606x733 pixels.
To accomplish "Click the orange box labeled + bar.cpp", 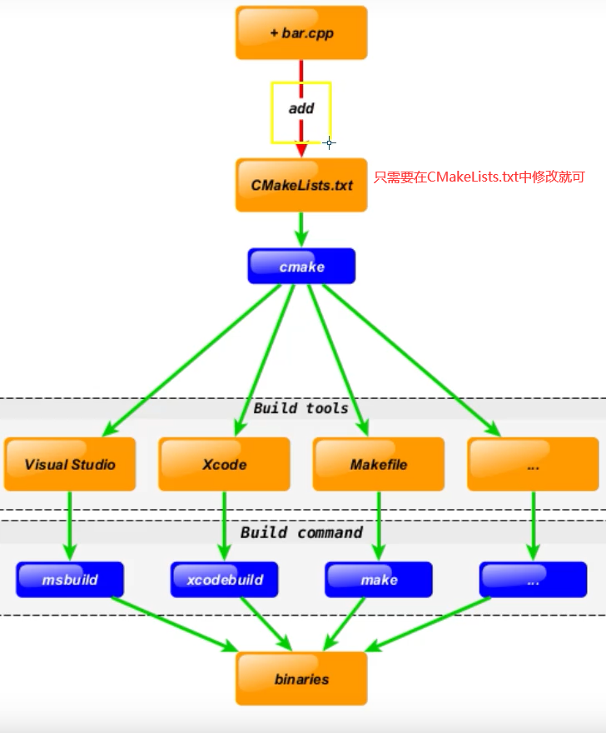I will (301, 33).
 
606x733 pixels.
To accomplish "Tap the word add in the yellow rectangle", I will (301, 109).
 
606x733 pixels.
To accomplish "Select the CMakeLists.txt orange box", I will (301, 185).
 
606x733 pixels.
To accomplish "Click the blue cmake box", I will (301, 267).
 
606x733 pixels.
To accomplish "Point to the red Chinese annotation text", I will (479, 177).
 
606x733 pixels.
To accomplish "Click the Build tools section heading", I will (301, 408).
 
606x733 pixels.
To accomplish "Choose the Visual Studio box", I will (70, 464).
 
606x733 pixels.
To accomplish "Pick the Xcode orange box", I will (224, 464).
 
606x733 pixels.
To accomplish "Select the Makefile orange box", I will (379, 464).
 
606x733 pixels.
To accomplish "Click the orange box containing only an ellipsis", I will (533, 464).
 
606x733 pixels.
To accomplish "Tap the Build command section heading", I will (301, 532).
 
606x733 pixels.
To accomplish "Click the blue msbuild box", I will (70, 580).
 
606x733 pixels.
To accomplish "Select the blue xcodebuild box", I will (224, 580).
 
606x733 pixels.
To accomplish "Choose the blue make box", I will (379, 580).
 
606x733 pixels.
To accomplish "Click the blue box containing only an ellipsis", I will (533, 580).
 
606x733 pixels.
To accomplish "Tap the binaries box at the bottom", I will (301, 679).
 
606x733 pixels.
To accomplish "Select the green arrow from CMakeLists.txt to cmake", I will (301, 229).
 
